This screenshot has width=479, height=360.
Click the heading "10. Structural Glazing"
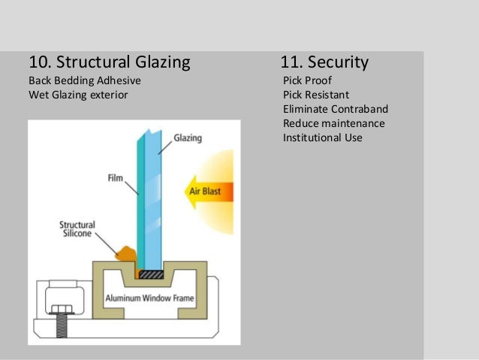[x=109, y=61]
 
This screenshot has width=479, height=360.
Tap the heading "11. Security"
[x=324, y=61]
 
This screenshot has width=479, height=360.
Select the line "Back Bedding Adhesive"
[x=84, y=80]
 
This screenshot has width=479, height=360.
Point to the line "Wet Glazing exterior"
[x=78, y=95]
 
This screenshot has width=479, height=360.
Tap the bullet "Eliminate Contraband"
[x=335, y=109]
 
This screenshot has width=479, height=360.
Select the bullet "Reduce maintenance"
[x=333, y=123]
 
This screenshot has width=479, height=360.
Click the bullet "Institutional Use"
[x=323, y=138]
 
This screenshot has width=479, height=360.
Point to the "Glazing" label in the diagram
[x=188, y=138]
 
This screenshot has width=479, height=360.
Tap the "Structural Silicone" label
[x=78, y=228]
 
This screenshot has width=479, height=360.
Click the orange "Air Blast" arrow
[x=206, y=191]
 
